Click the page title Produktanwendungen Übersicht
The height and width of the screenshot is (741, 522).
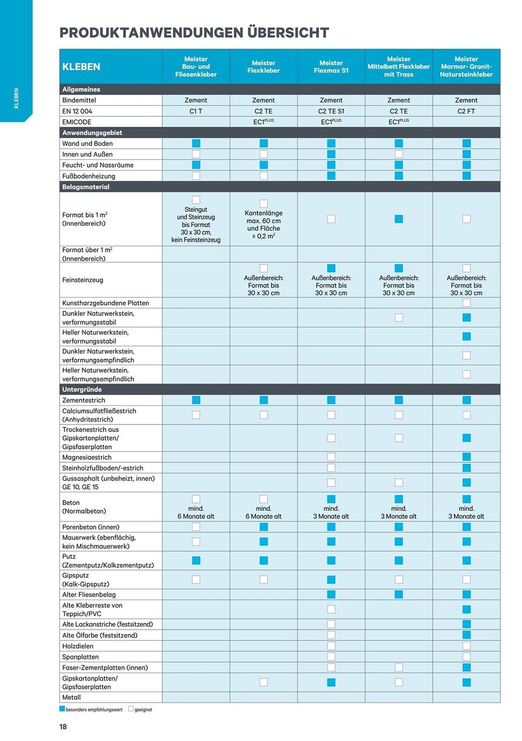[194, 33]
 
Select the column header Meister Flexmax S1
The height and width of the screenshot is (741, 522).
[331, 67]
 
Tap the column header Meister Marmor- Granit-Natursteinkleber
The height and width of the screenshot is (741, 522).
[466, 67]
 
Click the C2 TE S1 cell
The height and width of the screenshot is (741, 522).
[331, 111]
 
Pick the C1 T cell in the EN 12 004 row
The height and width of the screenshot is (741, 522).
[196, 111]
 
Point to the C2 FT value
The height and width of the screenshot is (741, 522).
[466, 111]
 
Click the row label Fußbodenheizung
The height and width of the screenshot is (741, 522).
[89, 176]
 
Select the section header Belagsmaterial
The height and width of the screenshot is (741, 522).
[86, 187]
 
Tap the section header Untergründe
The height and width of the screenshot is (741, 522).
[82, 389]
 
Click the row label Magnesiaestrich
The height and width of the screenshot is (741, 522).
[87, 457]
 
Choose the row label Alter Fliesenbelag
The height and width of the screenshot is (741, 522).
[89, 595]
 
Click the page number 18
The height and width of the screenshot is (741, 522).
[63, 727]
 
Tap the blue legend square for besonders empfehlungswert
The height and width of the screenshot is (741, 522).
[62, 709]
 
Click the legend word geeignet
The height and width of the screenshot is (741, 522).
[143, 710]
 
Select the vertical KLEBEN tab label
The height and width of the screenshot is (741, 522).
[16, 98]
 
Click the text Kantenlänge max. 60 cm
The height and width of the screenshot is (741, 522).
[264, 217]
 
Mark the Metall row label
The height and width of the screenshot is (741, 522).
[72, 697]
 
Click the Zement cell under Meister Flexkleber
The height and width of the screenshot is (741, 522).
[264, 100]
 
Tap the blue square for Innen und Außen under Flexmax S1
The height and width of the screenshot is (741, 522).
[331, 154]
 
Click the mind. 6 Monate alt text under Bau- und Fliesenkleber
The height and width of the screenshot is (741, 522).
[196, 512]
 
